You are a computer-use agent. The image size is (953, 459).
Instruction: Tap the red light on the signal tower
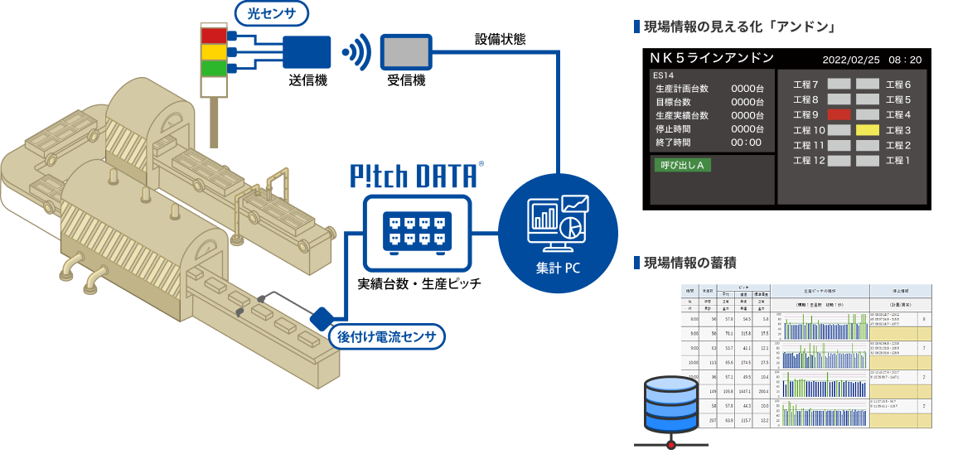point(214,36)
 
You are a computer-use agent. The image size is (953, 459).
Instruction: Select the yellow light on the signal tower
point(214,51)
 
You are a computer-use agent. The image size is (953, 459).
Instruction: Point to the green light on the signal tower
point(214,67)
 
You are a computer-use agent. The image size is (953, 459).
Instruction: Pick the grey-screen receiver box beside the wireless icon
point(406,52)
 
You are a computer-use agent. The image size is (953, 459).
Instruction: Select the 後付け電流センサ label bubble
point(387,337)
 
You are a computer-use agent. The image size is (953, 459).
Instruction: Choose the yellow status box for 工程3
point(868,130)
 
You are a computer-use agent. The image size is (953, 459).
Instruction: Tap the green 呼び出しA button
point(682,165)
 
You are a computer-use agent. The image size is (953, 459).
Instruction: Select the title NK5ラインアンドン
point(712,58)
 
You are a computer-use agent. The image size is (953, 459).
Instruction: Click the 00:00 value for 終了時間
point(747,143)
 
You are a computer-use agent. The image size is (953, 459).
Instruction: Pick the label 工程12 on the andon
point(808,160)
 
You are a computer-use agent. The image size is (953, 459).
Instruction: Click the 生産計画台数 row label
point(681,89)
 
